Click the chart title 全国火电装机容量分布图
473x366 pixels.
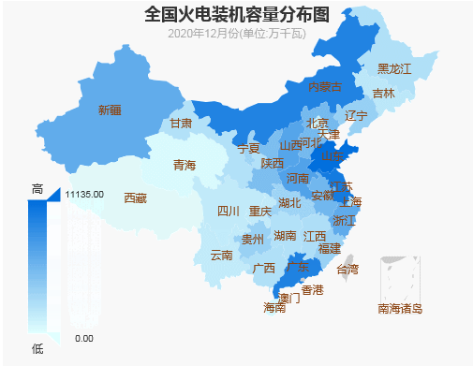(x=237, y=14)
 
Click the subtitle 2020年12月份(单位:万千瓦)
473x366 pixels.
(x=237, y=34)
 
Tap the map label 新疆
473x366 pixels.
(x=110, y=110)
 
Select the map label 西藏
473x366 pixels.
(x=135, y=198)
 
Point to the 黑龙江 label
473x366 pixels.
(x=393, y=69)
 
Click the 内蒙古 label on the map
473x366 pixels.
(x=325, y=87)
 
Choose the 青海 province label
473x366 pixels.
(x=185, y=166)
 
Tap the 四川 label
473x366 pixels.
(x=229, y=211)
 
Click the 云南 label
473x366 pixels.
(x=222, y=255)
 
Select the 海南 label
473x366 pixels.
(x=274, y=307)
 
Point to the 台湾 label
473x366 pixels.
(x=347, y=270)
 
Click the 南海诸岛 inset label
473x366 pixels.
(x=400, y=308)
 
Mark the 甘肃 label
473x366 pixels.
(x=181, y=124)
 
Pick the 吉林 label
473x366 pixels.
(x=383, y=94)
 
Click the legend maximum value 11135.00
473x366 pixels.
(x=84, y=194)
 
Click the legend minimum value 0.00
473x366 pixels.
(x=83, y=338)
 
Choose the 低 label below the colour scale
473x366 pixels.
(x=37, y=348)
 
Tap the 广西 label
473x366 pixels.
(x=264, y=269)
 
